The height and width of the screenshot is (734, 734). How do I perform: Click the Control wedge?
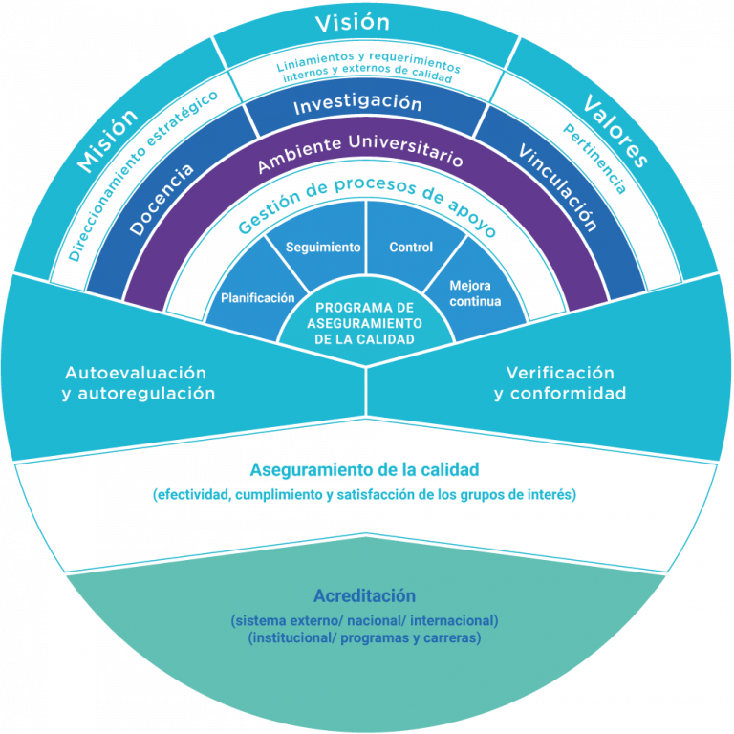point(411,248)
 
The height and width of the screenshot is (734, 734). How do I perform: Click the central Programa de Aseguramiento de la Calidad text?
point(366,323)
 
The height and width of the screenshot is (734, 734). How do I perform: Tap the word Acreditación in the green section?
point(365,595)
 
